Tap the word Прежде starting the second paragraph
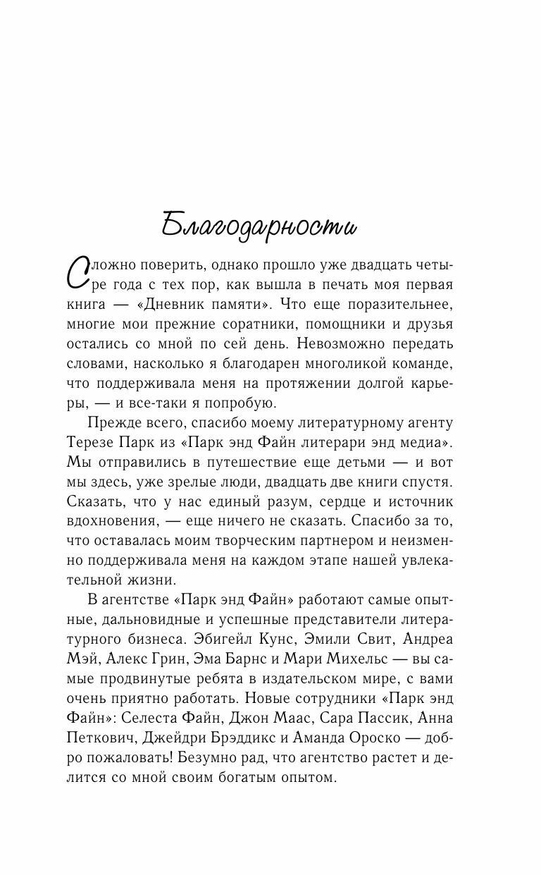[x=116, y=423]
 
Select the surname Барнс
[x=253, y=659]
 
